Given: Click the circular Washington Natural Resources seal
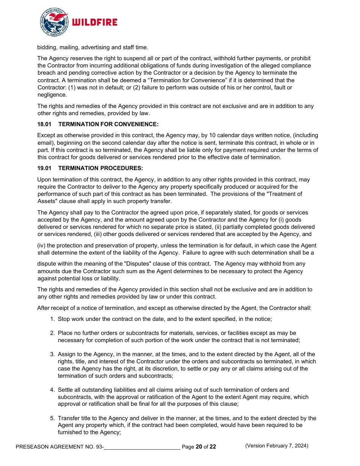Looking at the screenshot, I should click(54, 22).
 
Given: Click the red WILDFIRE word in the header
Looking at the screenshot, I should click(94, 23).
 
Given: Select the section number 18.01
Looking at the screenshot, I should click(44, 124).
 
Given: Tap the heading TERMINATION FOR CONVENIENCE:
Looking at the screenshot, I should click(108, 124).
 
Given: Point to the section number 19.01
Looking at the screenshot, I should click(44, 168).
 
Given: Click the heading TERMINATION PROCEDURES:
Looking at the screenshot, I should click(100, 168).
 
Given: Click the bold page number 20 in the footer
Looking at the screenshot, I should click(199, 447).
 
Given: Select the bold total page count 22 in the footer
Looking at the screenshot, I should click(213, 447).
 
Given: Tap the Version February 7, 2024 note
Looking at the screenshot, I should click(277, 446).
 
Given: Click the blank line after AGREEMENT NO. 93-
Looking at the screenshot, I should click(142, 447).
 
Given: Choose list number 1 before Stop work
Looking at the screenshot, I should click(53, 319).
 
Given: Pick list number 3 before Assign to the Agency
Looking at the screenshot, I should click(53, 354).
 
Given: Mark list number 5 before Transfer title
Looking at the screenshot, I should click(53, 418).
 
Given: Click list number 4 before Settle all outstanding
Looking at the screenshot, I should click(53, 390).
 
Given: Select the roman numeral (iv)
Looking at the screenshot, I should click(42, 246).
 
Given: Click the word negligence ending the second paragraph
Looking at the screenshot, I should click(52, 95).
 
